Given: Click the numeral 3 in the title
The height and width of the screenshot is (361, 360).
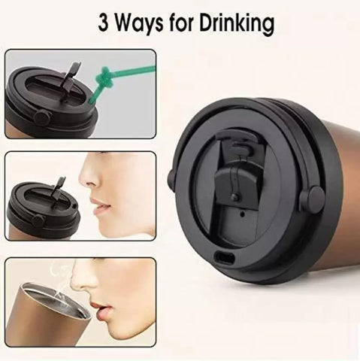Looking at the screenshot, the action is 104,23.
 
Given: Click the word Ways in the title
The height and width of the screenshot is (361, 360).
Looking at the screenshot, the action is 140,25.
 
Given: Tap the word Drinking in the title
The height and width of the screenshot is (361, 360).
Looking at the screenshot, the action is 237,24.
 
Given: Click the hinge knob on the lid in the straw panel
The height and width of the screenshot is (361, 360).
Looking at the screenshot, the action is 41,116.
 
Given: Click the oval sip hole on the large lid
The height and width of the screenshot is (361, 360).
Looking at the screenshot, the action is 225,258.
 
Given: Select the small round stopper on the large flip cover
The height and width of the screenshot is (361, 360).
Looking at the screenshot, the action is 235,196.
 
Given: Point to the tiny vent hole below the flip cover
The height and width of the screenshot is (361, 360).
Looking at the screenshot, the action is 242,214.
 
